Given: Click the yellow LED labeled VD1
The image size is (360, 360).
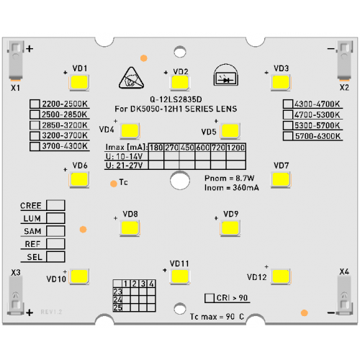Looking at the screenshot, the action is tap(79, 82).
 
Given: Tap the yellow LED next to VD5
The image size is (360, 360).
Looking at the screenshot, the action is tap(230, 131).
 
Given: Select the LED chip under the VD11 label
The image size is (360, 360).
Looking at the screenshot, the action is tap(180, 276).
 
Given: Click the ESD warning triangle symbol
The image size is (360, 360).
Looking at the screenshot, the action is tap(131, 78).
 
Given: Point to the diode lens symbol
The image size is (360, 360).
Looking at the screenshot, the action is tap(226, 75).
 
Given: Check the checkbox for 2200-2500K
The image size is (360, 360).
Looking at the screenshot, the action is tap(35, 104).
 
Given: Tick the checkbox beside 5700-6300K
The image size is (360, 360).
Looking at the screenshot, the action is tap(288, 136).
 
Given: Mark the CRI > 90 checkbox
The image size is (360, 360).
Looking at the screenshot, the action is tap(210, 298).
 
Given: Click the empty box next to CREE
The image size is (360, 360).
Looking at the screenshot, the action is tap(55, 205).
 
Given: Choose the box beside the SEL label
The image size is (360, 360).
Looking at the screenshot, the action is tap(55, 256).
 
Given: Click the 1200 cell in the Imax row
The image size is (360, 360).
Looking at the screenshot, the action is tap(236, 148).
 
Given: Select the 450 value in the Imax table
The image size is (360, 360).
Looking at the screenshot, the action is tap(187, 148).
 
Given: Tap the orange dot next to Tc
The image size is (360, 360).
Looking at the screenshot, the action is tap(114, 184).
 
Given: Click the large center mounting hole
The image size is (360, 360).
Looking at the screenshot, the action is tap(180, 180).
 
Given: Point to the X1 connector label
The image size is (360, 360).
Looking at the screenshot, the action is tap(15, 88).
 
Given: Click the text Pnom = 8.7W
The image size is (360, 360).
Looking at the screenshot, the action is tap(229, 178).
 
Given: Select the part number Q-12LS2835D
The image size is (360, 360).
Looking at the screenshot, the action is tap(176, 99).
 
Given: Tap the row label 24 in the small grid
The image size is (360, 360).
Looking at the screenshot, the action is tap(117, 300).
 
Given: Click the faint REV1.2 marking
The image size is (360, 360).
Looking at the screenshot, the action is tap(51, 312).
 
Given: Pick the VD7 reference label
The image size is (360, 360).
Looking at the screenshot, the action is tap(281, 166).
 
